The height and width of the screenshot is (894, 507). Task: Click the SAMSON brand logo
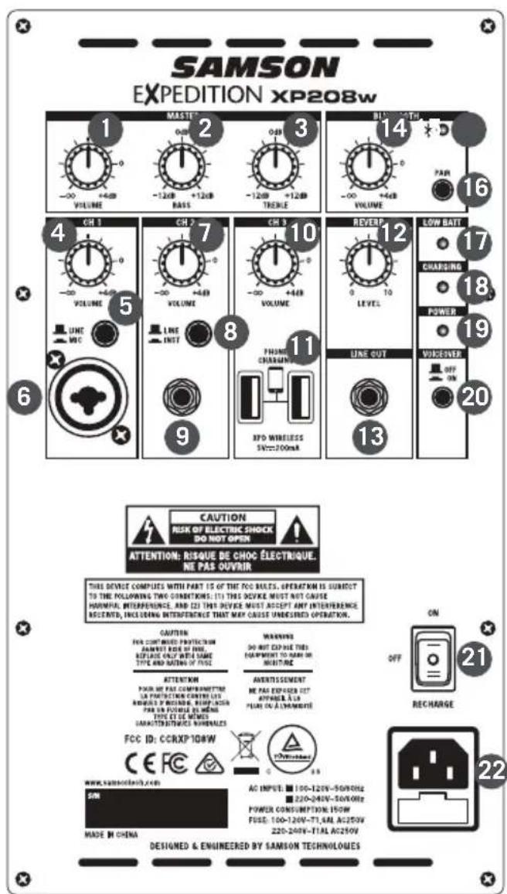point(253,70)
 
